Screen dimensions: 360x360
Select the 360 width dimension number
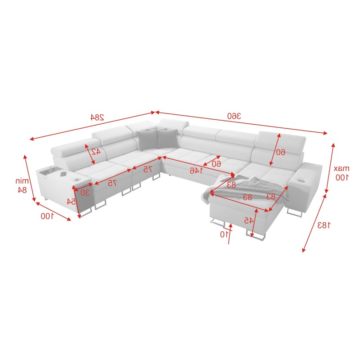coord(234,116)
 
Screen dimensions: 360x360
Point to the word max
coord(342,168)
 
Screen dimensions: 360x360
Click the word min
coord(22,181)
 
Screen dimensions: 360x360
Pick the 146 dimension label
coord(195,171)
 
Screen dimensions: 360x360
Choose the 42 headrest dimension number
coord(95,151)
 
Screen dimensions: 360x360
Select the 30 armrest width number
coord(85,192)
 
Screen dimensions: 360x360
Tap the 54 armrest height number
coord(72,201)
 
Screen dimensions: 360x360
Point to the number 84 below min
coord(22,190)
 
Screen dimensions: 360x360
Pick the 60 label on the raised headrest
coord(280,152)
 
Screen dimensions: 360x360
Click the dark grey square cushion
coord(148,139)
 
